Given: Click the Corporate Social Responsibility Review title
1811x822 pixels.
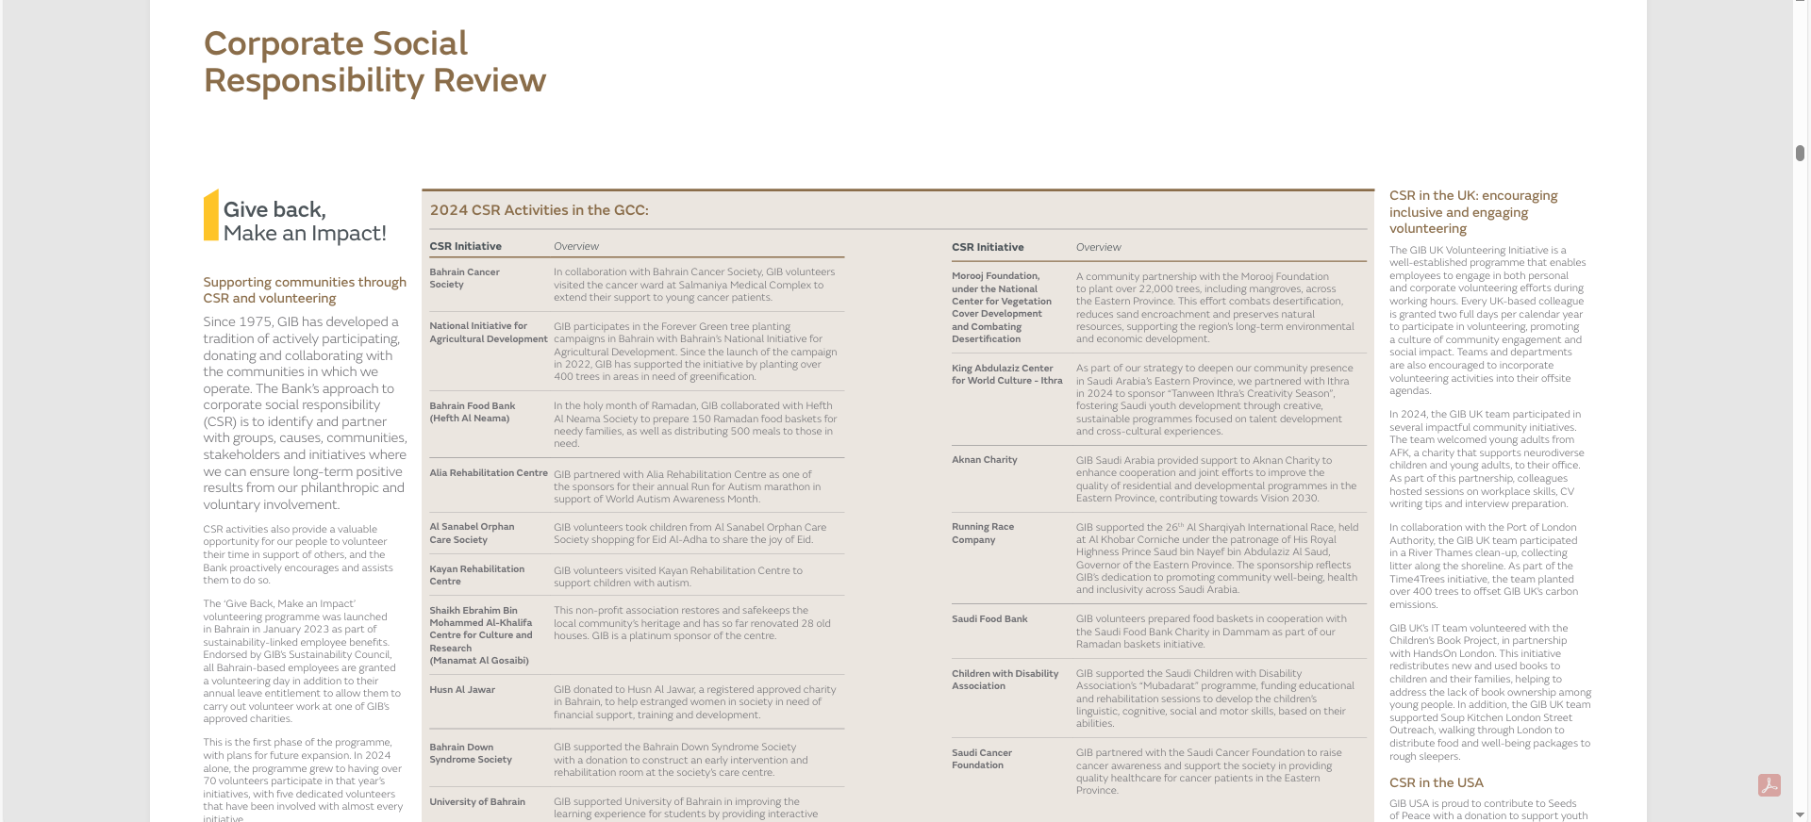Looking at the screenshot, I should coord(374,62).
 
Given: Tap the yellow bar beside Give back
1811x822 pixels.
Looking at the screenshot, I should coord(211,215).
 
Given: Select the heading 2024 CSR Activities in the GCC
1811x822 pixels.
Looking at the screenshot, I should coord(539,210).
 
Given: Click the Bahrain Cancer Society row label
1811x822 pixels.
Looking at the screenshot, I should coord(464,278).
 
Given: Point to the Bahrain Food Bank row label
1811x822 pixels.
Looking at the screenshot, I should coord(472,412).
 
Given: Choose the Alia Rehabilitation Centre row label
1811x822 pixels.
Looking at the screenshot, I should coord(488,473).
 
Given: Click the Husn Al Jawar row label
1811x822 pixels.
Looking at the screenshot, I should coord(462,690).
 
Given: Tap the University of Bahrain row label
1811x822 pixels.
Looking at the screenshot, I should coord(476,802).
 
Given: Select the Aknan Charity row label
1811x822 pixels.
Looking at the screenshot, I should coord(984,460).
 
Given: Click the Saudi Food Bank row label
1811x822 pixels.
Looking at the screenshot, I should coord(989,619).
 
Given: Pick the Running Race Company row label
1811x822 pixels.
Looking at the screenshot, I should coord(982,534).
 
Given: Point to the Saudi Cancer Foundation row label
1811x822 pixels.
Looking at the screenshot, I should coord(981,759).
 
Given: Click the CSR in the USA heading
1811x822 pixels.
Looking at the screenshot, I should coord(1436,783).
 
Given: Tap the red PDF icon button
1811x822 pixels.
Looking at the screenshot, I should coord(1769,785).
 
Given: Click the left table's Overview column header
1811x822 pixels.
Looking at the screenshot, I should coord(575,247).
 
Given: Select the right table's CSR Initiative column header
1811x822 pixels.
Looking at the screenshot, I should coord(987,248).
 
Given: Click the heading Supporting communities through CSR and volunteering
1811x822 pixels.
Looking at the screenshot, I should coord(304,290).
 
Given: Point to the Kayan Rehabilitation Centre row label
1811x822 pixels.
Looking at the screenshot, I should coord(476,575).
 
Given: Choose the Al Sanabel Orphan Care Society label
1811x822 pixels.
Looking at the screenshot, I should coord(472,534).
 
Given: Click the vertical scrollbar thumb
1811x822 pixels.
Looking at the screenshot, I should coord(1800,153).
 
